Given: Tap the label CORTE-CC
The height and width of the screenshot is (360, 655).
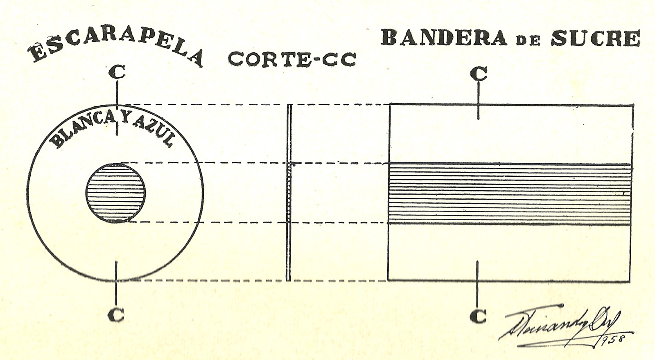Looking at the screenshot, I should coord(291,59).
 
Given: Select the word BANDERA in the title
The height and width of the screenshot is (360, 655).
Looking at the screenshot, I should coord(444,38).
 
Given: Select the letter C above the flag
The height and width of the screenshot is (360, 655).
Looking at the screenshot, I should coord(479,74).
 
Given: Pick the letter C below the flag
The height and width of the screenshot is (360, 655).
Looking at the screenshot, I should coord(478,315).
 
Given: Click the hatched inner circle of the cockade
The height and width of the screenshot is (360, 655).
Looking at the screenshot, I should coord(116,193).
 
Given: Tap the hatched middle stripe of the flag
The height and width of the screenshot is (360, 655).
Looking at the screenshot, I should coord(510,193).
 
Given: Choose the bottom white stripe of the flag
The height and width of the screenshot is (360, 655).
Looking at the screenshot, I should coord(510,252).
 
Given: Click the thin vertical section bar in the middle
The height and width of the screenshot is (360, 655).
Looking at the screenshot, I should coord(289,192).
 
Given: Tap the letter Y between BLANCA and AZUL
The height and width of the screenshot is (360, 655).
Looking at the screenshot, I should coord(117,117).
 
